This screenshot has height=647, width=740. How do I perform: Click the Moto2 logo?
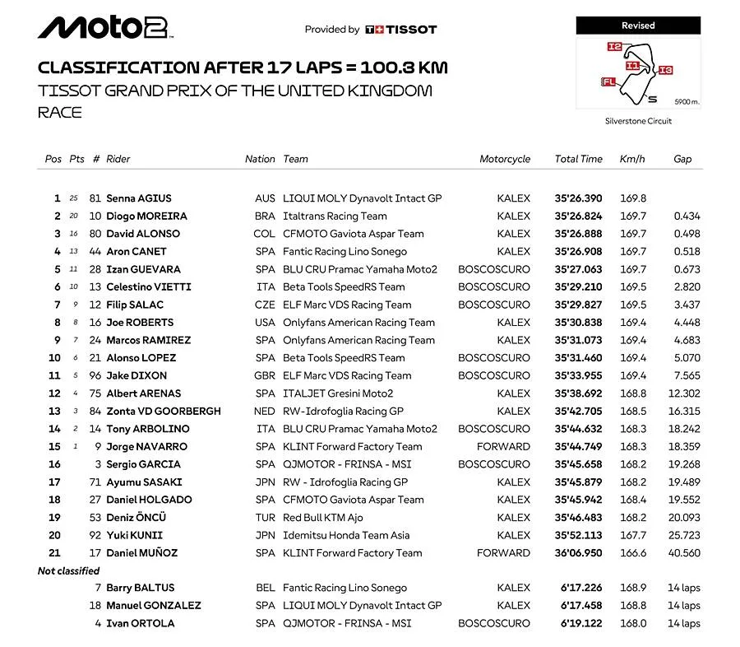click(105, 29)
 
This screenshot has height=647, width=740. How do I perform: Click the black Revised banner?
click(638, 26)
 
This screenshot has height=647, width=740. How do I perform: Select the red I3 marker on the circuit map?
click(666, 70)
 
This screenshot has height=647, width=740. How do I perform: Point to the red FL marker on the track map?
click(609, 81)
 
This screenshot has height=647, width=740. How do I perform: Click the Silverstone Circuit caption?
click(638, 121)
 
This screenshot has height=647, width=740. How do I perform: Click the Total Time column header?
click(578, 159)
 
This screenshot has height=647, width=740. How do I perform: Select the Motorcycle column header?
click(505, 159)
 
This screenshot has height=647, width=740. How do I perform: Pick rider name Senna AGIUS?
click(139, 198)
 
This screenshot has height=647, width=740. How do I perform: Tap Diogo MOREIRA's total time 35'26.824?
click(578, 216)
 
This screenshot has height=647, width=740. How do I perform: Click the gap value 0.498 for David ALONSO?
click(687, 234)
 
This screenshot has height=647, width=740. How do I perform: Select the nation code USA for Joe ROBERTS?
click(265, 323)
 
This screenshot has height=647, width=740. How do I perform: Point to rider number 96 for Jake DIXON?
click(95, 376)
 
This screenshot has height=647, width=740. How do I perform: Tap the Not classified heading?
click(68, 570)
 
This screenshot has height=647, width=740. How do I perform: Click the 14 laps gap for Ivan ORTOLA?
click(684, 624)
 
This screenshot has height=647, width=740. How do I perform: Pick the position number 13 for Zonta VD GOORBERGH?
click(54, 412)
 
